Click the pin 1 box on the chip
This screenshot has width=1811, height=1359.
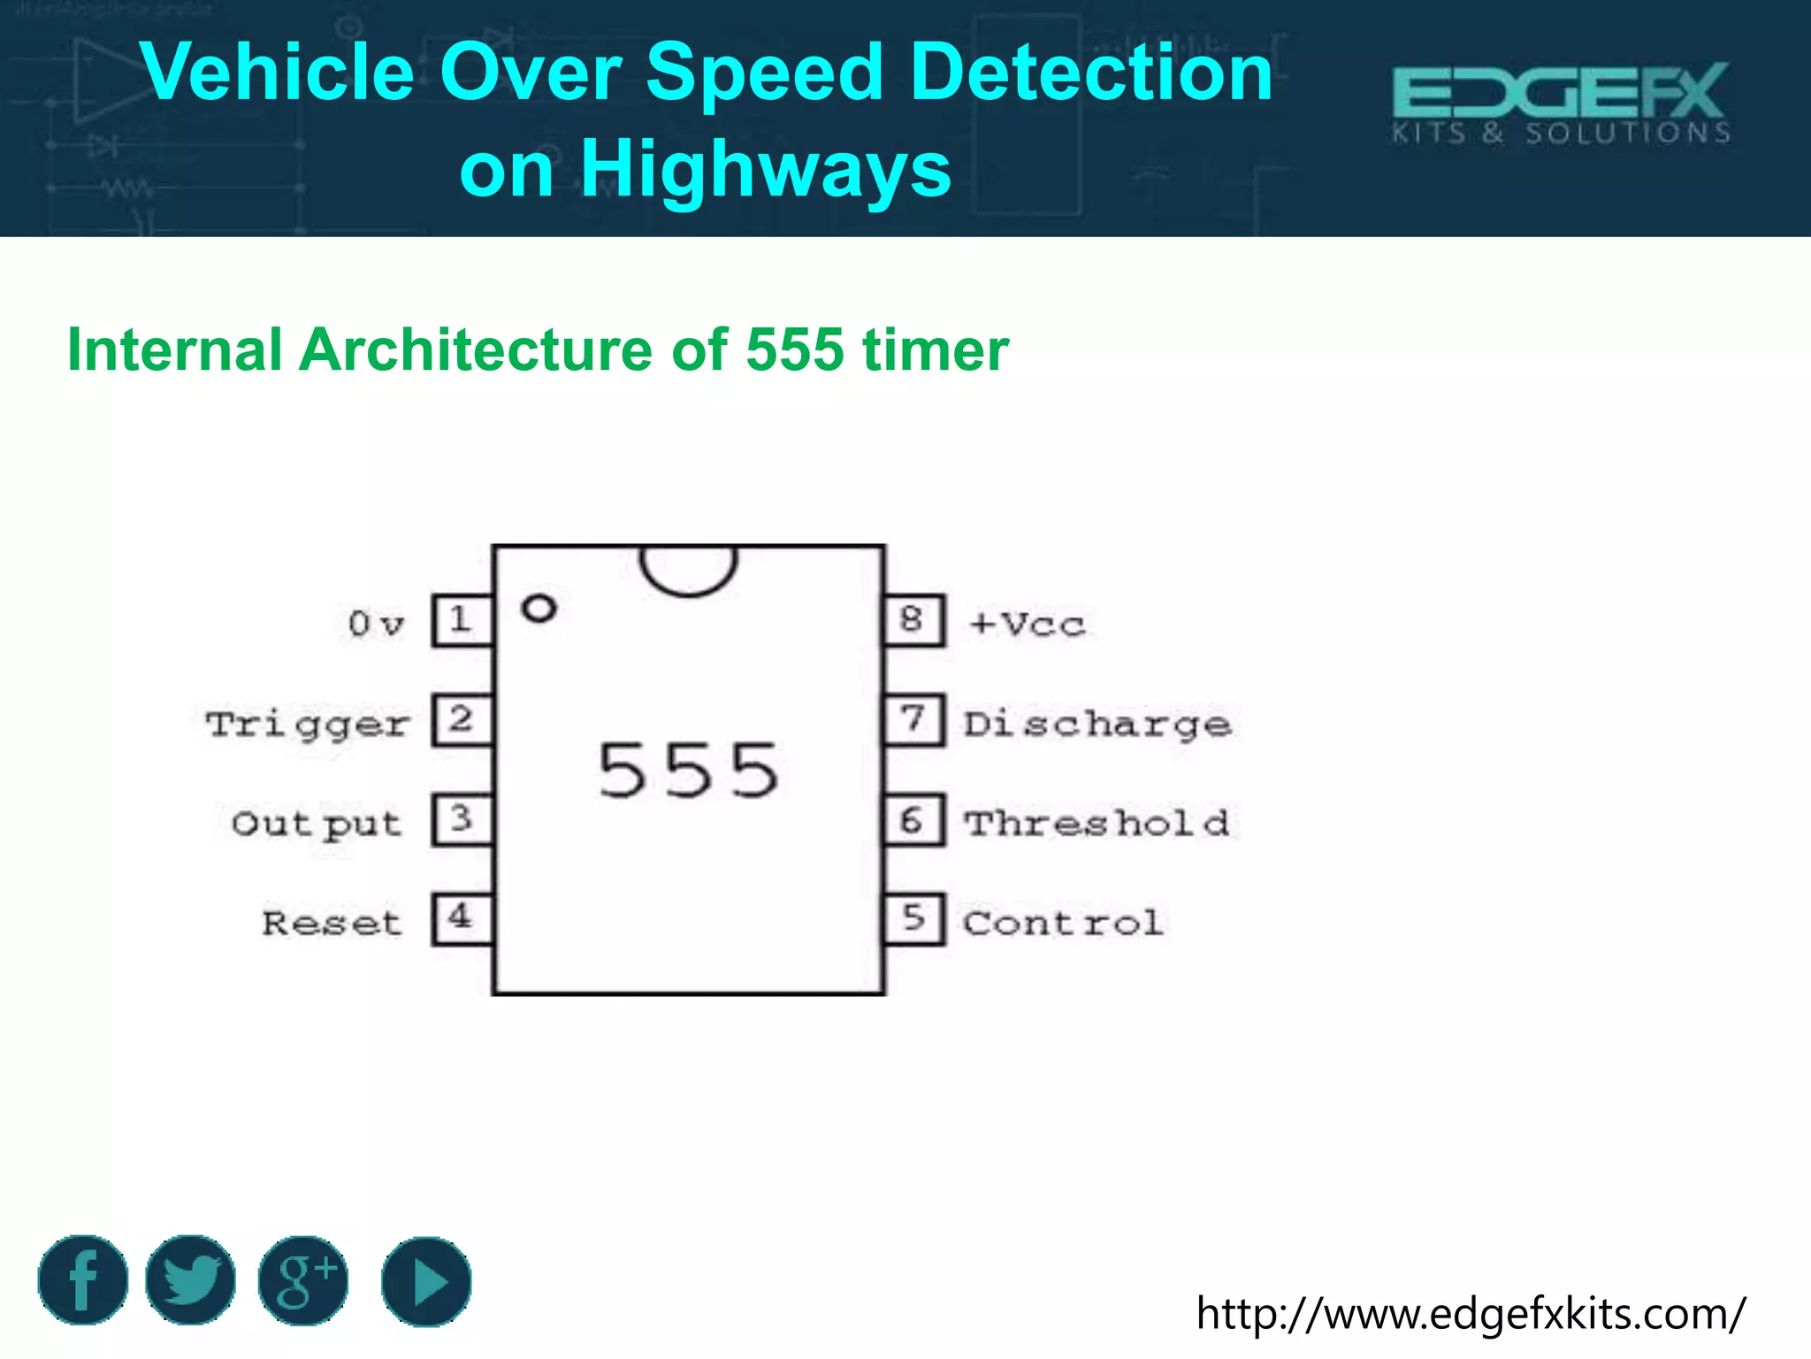(x=462, y=620)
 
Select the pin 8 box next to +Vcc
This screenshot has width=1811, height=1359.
(x=914, y=620)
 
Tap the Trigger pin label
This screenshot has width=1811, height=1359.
(x=308, y=725)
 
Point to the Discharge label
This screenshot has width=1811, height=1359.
(x=1097, y=725)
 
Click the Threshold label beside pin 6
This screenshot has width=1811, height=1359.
(x=1097, y=824)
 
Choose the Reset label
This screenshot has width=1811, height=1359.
(x=332, y=924)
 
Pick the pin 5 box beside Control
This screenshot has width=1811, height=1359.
(x=914, y=919)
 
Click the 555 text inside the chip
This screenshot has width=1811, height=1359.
(x=689, y=771)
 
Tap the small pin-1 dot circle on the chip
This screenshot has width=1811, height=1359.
(x=539, y=609)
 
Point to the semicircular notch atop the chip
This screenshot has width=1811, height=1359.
(x=688, y=568)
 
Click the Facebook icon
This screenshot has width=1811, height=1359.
(x=83, y=1280)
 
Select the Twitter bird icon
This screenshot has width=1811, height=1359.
(x=191, y=1280)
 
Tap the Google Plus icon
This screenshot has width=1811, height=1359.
(x=303, y=1280)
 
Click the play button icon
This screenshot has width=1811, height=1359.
(x=426, y=1281)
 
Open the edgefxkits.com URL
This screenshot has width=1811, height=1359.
(x=1471, y=1313)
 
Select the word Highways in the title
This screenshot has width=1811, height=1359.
(x=765, y=168)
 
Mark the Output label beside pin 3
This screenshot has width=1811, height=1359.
(x=317, y=824)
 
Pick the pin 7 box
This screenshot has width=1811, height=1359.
(x=914, y=720)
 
